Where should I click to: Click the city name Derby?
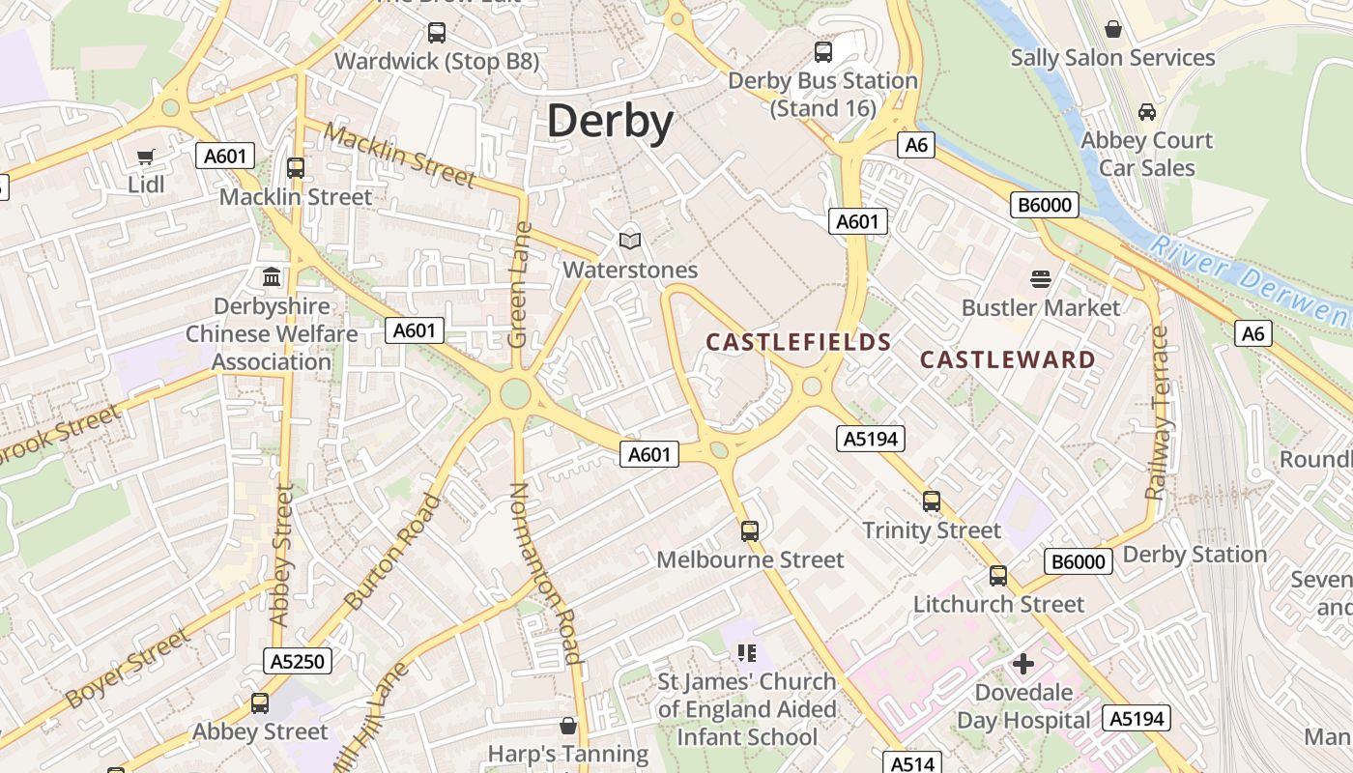[610, 123]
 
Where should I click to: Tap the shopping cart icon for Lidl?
[146, 157]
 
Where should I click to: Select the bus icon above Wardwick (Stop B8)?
[437, 33]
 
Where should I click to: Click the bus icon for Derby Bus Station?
[823, 52]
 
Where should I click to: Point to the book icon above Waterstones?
[630, 241]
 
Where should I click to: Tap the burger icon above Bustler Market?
[1041, 279]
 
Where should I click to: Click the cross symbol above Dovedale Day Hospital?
[1022, 664]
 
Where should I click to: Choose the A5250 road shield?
[298, 661]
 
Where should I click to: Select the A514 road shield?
[912, 763]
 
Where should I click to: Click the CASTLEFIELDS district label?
[798, 342]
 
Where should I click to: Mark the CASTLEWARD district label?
[1008, 359]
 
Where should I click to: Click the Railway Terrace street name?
[1158, 414]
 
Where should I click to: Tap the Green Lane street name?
[520, 286]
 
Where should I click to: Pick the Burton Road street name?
[392, 552]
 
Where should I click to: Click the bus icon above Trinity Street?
[932, 501]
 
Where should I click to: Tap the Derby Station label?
[1195, 555]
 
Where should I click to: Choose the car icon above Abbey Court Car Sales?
[1147, 112]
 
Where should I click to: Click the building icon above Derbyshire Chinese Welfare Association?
[272, 277]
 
